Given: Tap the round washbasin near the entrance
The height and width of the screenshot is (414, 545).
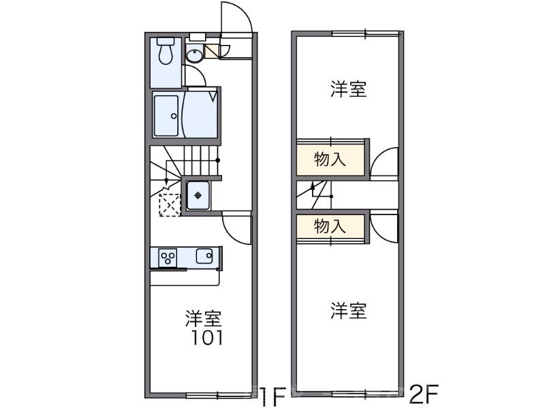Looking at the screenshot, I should (x=195, y=57).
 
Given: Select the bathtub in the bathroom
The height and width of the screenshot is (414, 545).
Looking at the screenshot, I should (x=166, y=116).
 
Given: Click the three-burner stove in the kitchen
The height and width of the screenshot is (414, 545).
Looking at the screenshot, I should (x=168, y=257).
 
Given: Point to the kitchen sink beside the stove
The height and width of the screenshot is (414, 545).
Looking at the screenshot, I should (x=204, y=257).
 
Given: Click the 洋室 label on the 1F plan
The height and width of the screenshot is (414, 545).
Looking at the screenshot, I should (x=204, y=318).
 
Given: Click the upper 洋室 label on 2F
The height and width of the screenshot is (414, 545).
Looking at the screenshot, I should (x=349, y=89).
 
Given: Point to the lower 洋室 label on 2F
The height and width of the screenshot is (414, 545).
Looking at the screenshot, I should (x=349, y=311).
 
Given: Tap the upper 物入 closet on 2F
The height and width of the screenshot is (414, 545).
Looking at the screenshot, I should (x=330, y=160).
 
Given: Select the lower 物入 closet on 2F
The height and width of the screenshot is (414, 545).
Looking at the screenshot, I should (x=330, y=227).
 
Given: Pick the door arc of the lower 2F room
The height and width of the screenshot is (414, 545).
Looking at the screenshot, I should (x=386, y=227).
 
